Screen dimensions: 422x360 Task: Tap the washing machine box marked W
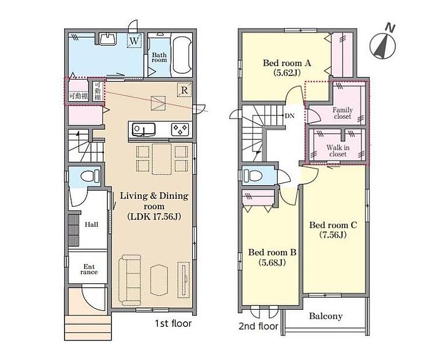[134, 41]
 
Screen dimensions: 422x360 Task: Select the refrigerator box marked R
[184, 90]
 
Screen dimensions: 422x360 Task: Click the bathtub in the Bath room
[182, 55]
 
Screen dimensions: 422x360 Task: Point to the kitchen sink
[144, 130]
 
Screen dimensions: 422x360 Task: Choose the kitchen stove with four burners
[180, 130]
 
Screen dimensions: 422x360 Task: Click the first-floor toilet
[90, 177]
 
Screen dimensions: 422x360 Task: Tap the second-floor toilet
[253, 176]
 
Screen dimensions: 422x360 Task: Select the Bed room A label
[287, 63]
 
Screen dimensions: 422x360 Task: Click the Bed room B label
[272, 252]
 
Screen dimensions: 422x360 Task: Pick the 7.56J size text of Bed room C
[333, 235]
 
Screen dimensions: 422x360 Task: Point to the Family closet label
[343, 113]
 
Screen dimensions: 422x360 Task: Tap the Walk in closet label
[338, 151]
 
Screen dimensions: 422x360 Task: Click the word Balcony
[326, 316]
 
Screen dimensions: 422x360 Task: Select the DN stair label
[289, 116]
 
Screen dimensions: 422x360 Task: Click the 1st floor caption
[173, 323]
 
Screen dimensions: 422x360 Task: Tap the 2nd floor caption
[258, 326]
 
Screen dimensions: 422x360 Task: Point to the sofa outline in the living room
[130, 280]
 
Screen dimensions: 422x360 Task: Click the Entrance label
[89, 269]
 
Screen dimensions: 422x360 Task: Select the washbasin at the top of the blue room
[108, 39]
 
